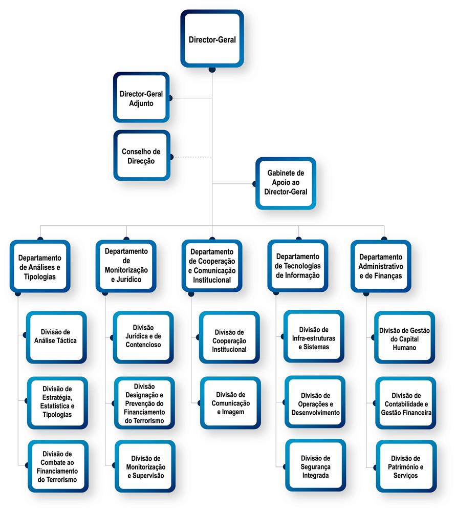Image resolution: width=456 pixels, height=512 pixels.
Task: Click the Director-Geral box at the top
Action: point(212,38)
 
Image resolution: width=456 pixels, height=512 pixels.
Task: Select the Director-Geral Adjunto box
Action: point(141,97)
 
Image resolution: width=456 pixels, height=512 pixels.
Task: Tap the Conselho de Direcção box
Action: point(142,156)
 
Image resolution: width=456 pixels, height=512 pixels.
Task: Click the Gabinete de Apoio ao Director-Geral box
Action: point(286,183)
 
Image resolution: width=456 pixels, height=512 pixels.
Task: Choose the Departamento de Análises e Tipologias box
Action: point(40,266)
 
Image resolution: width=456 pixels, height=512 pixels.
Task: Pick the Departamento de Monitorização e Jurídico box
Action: point(126,266)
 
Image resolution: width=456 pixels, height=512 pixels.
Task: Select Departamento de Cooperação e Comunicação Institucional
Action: point(212,266)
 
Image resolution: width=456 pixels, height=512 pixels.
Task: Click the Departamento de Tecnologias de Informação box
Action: point(298,266)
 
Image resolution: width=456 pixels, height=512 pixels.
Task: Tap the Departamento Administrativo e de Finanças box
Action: point(381,266)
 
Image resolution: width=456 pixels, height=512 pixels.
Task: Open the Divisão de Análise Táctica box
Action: point(56,337)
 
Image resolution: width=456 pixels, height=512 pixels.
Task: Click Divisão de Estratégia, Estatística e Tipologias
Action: point(57,403)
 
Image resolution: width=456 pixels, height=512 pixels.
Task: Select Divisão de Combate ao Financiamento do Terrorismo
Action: point(58,466)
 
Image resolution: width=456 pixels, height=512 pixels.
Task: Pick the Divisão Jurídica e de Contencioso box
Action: point(143,337)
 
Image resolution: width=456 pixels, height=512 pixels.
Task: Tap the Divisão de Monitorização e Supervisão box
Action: point(145,466)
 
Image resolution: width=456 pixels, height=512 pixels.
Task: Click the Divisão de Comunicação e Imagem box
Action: point(230,403)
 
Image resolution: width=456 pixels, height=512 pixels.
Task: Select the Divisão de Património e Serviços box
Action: point(406,466)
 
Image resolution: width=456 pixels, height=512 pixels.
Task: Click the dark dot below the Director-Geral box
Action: point(212,70)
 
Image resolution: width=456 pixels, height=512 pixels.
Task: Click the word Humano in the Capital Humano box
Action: point(404,348)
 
